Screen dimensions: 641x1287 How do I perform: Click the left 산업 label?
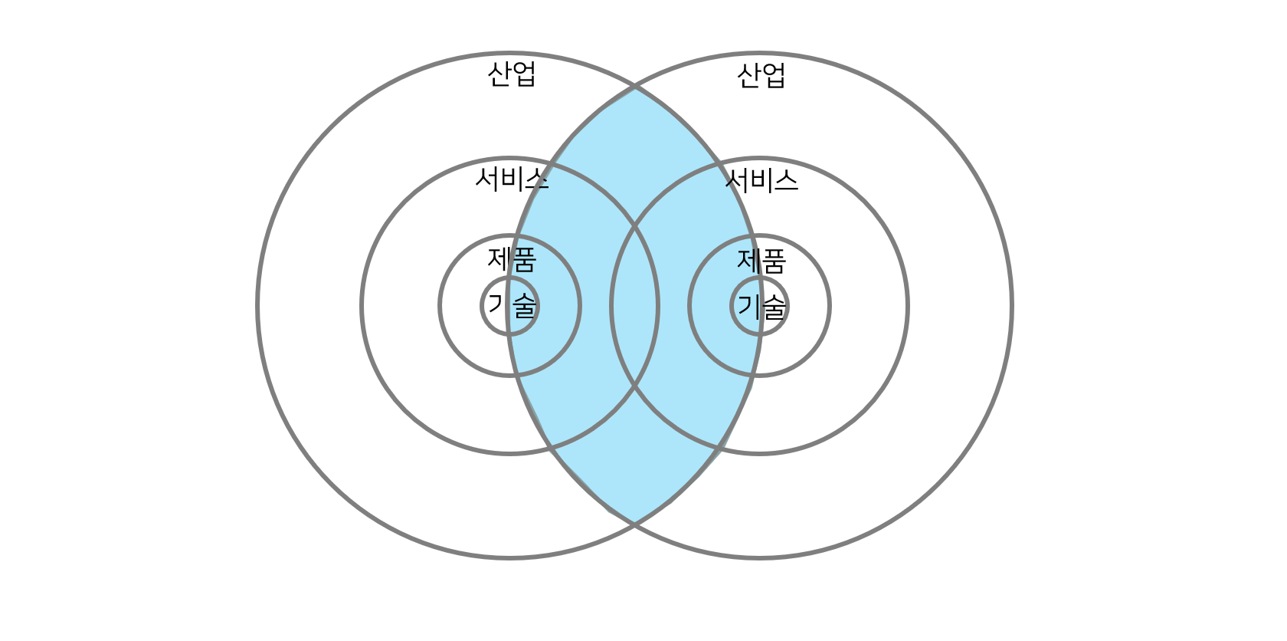coord(512,74)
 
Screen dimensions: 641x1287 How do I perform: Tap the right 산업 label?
coord(761,75)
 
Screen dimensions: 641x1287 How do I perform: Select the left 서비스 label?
coord(512,179)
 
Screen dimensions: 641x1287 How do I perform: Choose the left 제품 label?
coord(512,259)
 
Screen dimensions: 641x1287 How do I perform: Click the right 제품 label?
coord(761,261)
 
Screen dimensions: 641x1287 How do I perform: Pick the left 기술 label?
coord(512,306)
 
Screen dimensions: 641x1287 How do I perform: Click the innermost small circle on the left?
coord(510,327)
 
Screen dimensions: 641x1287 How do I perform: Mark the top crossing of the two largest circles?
coord(635,87)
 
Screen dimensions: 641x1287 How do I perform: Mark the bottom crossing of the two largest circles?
coord(635,524)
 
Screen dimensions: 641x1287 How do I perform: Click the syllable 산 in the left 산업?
coord(499,74)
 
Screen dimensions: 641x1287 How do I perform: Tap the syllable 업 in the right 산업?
coord(774,75)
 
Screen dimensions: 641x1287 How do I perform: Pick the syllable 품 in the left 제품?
coord(524,259)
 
